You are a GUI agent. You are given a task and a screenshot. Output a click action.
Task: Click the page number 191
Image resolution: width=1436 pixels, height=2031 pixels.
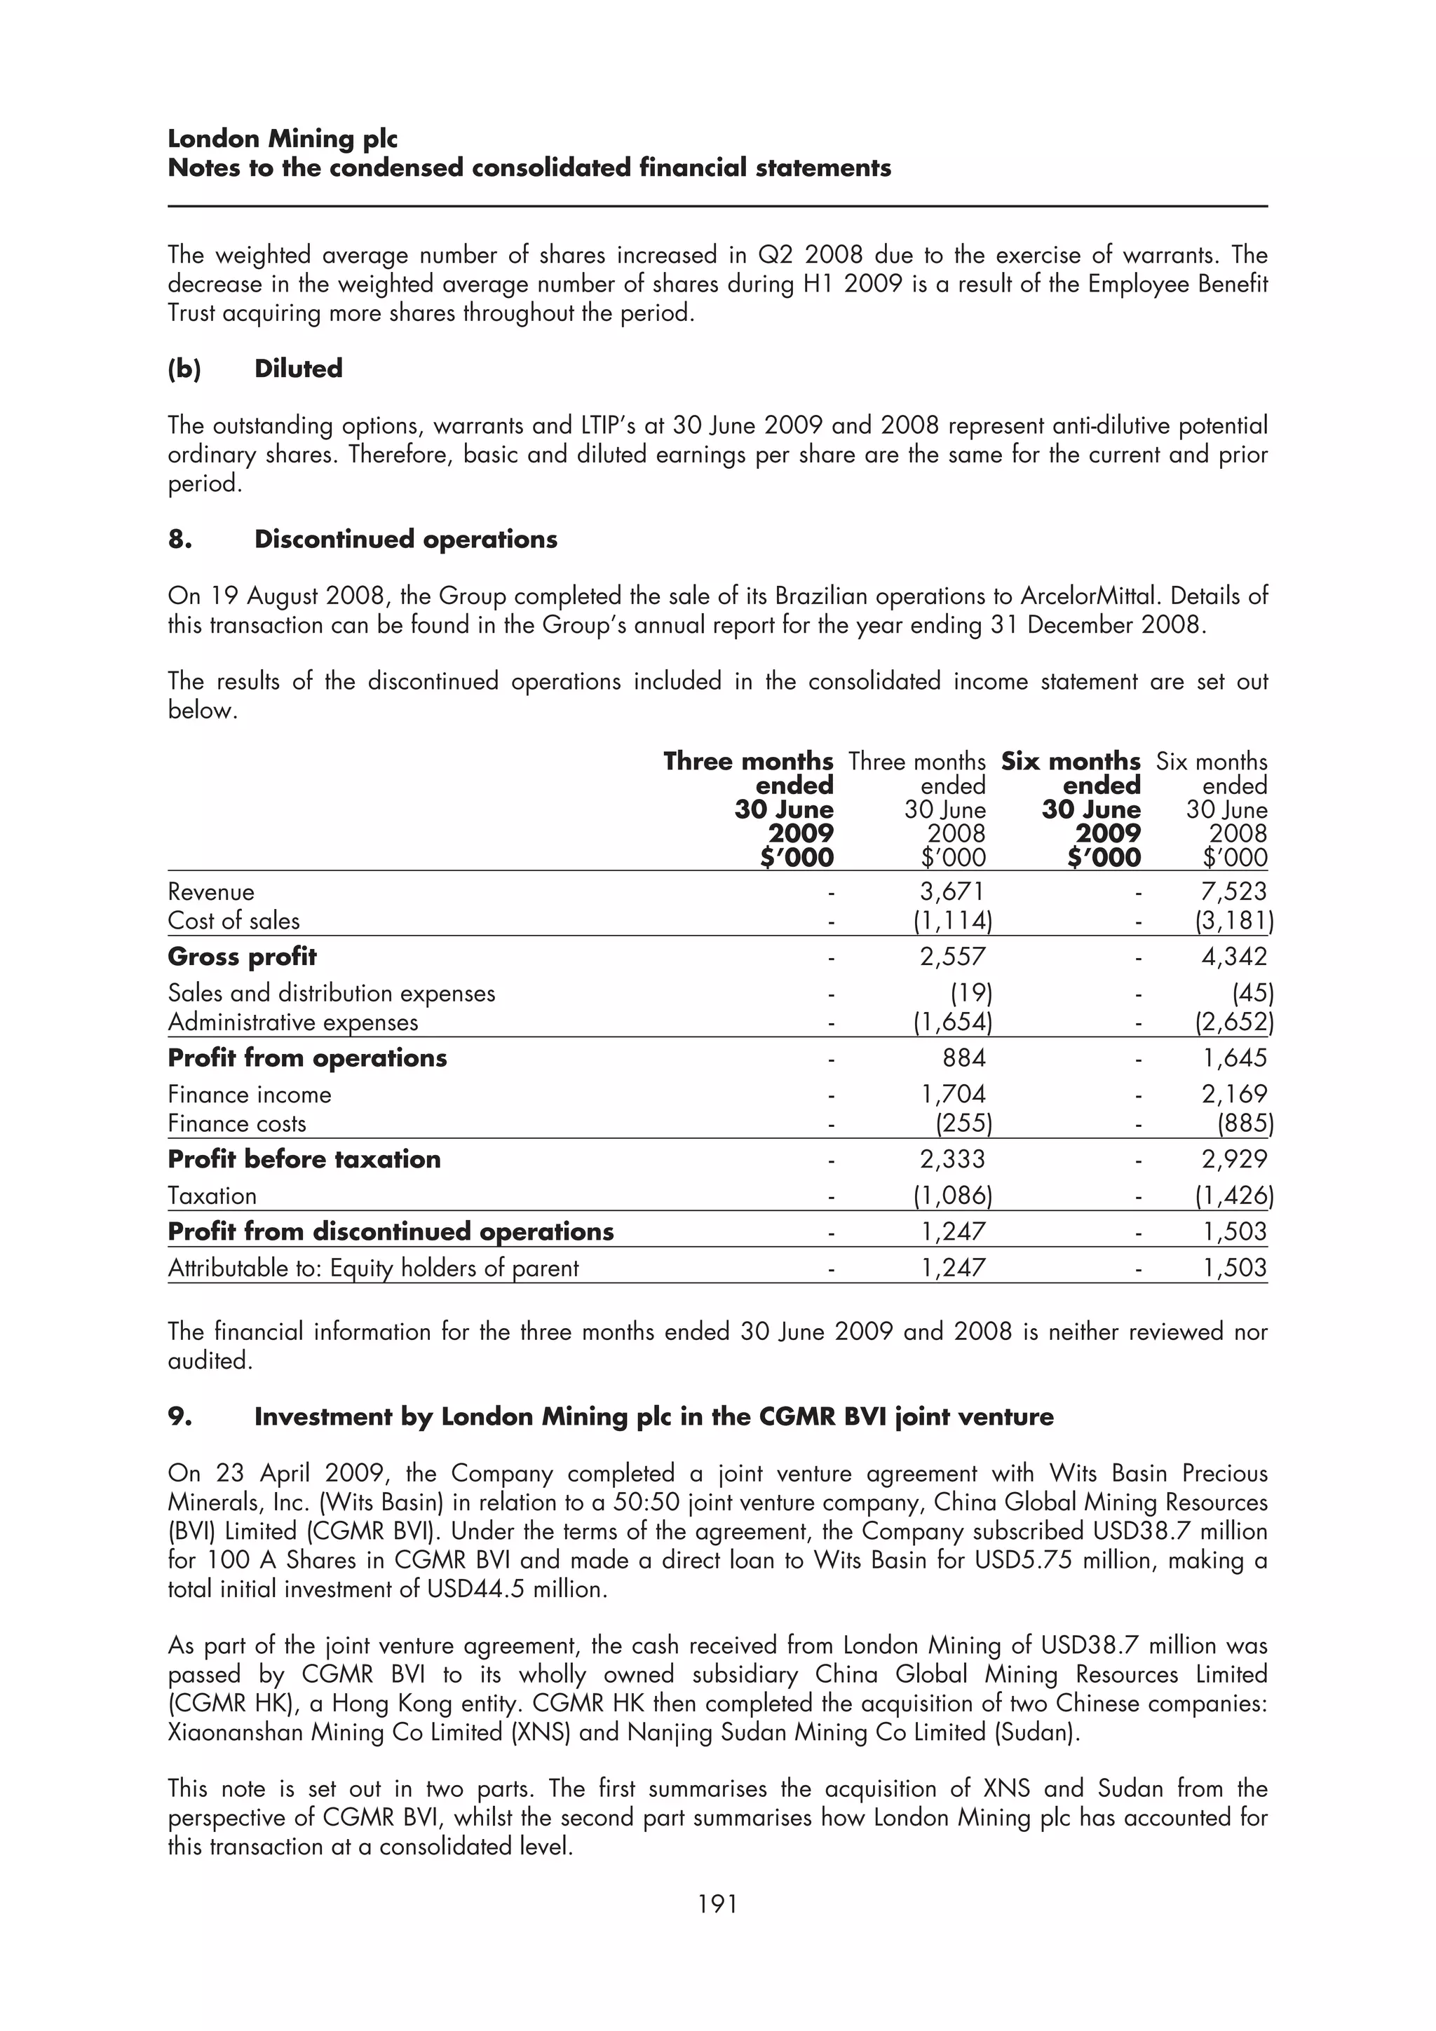pyautogui.click(x=717, y=1903)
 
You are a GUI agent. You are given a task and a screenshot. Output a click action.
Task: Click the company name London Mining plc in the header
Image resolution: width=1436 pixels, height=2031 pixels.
pyautogui.click(x=283, y=139)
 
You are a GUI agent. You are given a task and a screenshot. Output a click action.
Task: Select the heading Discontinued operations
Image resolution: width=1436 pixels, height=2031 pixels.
pyautogui.click(x=405, y=540)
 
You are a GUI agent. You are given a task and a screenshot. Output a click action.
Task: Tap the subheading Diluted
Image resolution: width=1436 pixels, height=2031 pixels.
pyautogui.click(x=297, y=369)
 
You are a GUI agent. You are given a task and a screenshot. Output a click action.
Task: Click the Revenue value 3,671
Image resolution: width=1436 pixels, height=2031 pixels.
pyautogui.click(x=952, y=891)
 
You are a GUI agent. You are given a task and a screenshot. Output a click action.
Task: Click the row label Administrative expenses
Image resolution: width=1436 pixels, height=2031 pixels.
pyautogui.click(x=293, y=1023)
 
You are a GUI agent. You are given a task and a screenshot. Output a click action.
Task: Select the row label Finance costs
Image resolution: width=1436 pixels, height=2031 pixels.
pyautogui.click(x=237, y=1123)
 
